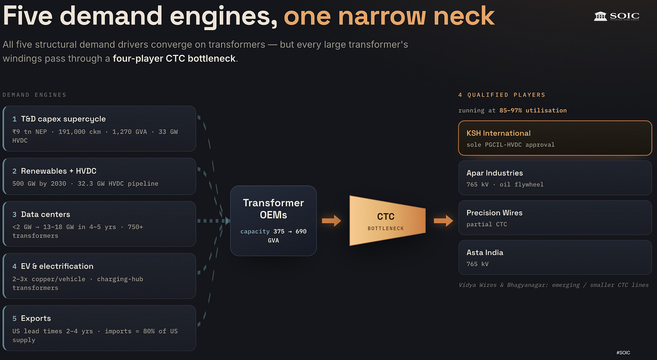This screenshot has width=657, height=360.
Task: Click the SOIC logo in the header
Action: [x=616, y=16]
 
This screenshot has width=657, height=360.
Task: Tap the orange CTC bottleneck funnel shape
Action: [x=388, y=221]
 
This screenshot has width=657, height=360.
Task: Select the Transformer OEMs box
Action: [x=273, y=221]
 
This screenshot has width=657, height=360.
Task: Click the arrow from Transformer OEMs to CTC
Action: [x=331, y=221]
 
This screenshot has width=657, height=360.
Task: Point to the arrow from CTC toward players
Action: [x=444, y=221]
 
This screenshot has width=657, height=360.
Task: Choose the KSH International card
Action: [x=555, y=138]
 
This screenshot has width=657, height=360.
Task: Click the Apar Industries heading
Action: [x=495, y=173]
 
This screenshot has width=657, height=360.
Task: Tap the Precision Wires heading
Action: [x=494, y=213]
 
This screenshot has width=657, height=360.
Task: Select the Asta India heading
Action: [x=485, y=253]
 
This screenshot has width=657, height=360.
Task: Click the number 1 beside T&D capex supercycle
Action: [x=14, y=119]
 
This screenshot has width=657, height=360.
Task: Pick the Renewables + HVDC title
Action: [x=59, y=171]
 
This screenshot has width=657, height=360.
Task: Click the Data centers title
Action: [x=46, y=214]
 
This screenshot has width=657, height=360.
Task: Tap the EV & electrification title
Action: [x=57, y=266]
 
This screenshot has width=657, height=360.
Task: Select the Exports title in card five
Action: [x=36, y=318]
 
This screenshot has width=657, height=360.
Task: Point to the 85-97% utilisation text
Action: [x=533, y=111]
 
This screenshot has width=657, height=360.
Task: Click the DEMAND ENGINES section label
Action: [x=35, y=95]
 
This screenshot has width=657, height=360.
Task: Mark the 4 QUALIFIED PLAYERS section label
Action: [x=502, y=95]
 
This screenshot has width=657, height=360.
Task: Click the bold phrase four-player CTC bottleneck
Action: [x=174, y=59]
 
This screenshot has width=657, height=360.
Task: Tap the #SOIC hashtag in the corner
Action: [x=623, y=353]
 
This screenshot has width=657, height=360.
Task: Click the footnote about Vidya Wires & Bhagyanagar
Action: [x=554, y=285]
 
